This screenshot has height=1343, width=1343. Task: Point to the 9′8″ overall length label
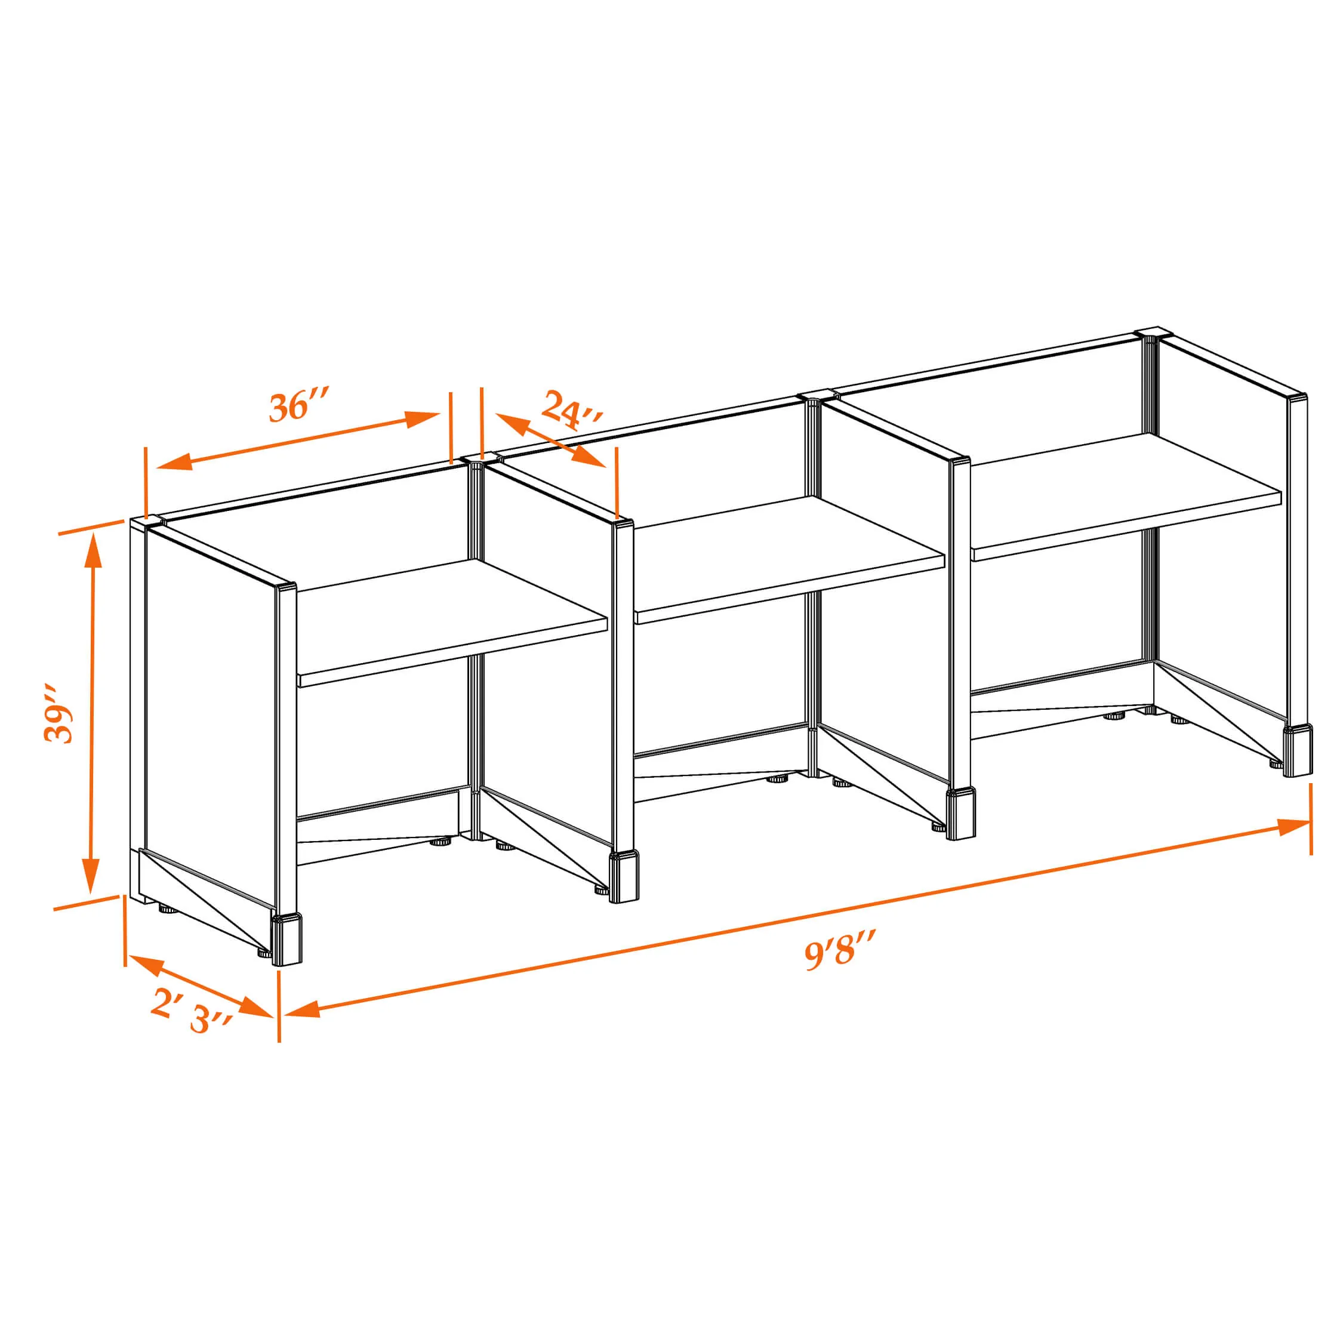pos(839,950)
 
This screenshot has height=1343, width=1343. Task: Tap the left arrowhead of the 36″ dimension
pos(174,461)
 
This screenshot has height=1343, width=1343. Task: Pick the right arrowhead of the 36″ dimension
pos(422,418)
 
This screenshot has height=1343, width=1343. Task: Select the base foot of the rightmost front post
pos(1298,751)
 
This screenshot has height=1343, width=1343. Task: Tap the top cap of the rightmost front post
pos(1297,398)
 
